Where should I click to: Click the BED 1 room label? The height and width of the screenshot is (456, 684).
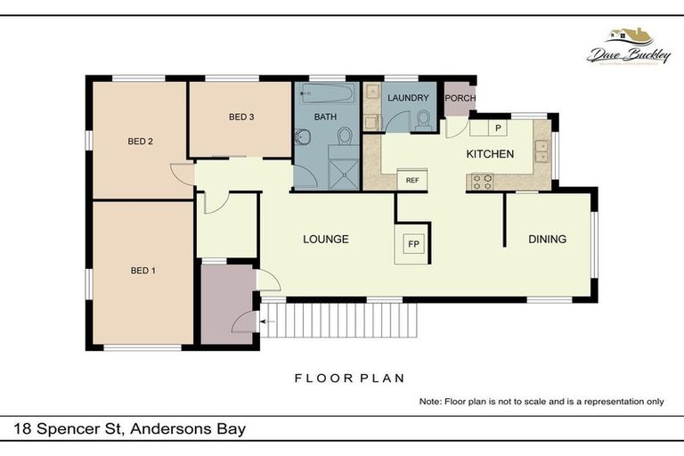pyautogui.click(x=142, y=271)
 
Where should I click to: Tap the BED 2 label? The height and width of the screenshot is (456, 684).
pyautogui.click(x=142, y=141)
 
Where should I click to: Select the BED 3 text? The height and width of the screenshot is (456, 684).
pyautogui.click(x=241, y=117)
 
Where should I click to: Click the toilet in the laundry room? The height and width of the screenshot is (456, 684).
pyautogui.click(x=421, y=119)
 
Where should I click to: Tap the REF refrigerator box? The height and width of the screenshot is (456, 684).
pyautogui.click(x=412, y=180)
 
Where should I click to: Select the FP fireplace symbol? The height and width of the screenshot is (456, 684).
pyautogui.click(x=413, y=243)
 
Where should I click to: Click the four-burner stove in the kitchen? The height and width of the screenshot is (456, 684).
pyautogui.click(x=482, y=181)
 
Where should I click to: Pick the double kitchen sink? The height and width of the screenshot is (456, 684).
pyautogui.click(x=541, y=151)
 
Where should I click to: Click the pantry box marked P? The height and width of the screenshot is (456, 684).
pyautogui.click(x=498, y=128)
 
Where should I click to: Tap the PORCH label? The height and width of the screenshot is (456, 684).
pyautogui.click(x=460, y=98)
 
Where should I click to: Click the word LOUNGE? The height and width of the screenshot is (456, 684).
pyautogui.click(x=325, y=239)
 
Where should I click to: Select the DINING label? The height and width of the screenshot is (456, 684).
pyautogui.click(x=547, y=239)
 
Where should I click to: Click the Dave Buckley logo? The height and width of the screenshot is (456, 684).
pyautogui.click(x=629, y=47)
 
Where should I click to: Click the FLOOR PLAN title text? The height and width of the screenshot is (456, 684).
pyautogui.click(x=349, y=378)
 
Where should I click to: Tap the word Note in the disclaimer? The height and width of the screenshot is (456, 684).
pyautogui.click(x=429, y=402)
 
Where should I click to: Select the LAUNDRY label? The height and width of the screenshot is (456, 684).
pyautogui.click(x=408, y=98)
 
